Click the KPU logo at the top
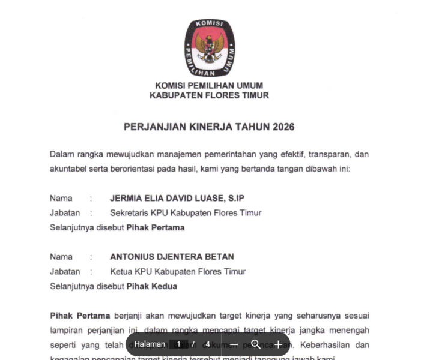[210, 47]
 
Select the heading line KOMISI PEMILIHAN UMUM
[209, 86]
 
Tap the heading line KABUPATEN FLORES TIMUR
[209, 95]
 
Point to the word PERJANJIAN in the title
[151, 127]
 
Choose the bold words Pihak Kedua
[151, 286]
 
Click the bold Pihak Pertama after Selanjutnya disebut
[155, 227]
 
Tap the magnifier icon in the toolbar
[256, 344]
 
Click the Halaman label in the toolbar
[150, 344]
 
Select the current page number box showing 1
[178, 344]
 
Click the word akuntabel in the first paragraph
[68, 169]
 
